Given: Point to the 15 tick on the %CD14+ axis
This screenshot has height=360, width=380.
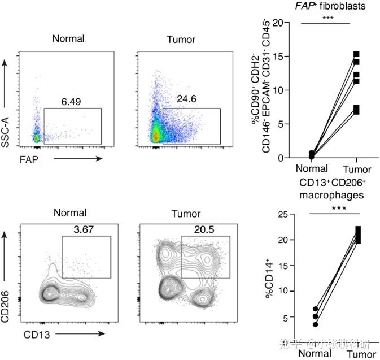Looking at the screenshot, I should tap(292, 266).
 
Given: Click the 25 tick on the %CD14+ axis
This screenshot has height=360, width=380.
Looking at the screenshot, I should tap(292, 214).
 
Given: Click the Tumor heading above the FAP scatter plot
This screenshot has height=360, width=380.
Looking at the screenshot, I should tap(181, 40).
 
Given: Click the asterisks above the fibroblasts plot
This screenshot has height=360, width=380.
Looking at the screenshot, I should tap(326, 18).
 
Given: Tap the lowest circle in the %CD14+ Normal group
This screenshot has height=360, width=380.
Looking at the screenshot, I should tap(316, 324).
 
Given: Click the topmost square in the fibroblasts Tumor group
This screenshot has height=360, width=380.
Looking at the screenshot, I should tap(356, 55).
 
